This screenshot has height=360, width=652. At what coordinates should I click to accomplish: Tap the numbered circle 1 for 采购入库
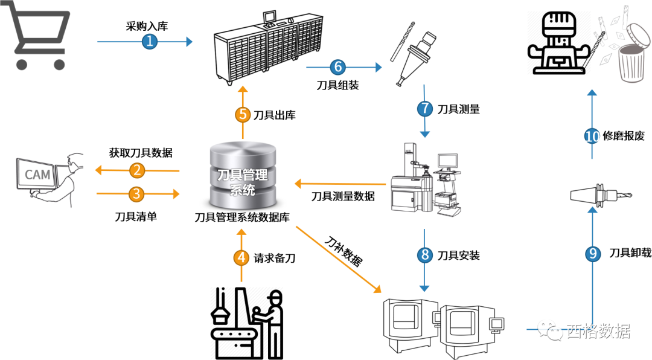pyautogui.click(x=149, y=42)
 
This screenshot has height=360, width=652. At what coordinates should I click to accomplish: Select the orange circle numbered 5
pyautogui.click(x=243, y=115)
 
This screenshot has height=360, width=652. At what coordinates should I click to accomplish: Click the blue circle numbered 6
pyautogui.click(x=337, y=66)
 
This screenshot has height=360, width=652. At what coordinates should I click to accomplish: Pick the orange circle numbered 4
pyautogui.click(x=241, y=258)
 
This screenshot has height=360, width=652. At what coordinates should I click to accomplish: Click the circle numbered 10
pyautogui.click(x=592, y=136)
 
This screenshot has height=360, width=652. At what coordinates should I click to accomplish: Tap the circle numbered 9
pyautogui.click(x=592, y=254)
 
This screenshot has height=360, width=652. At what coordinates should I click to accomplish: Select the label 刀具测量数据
pyautogui.click(x=343, y=196)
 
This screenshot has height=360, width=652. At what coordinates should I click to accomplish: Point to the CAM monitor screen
pyautogui.click(x=37, y=175)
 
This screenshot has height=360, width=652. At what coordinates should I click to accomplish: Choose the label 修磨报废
pyautogui.click(x=624, y=137)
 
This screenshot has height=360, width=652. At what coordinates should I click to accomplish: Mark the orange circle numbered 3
pyautogui.click(x=138, y=194)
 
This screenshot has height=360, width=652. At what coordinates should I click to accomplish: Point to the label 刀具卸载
pyautogui.click(x=630, y=253)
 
